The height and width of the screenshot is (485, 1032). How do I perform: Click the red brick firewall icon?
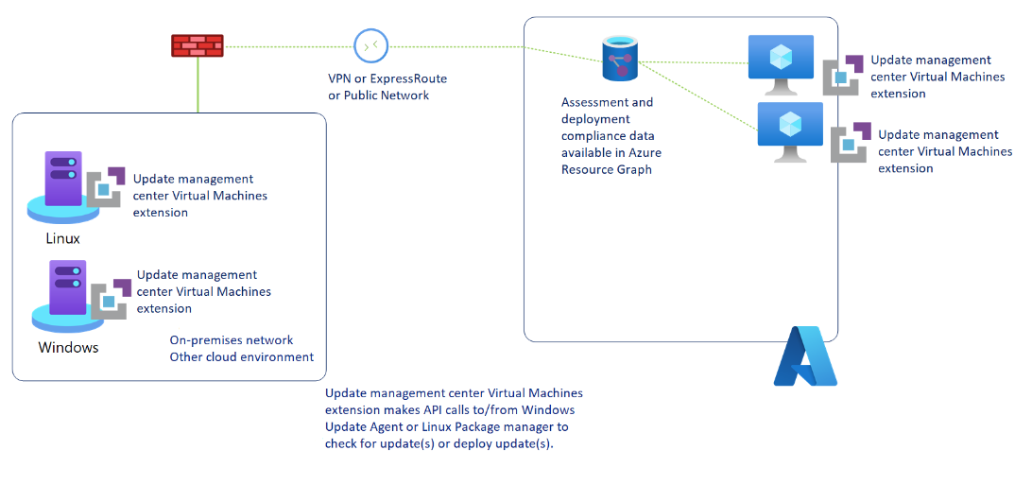(x=198, y=45)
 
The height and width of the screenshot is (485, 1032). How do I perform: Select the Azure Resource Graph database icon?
(x=619, y=59)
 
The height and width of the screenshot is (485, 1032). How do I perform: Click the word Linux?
(x=62, y=238)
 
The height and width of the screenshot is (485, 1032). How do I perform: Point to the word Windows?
(x=68, y=347)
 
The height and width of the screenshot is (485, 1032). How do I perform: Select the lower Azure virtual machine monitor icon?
(x=790, y=131)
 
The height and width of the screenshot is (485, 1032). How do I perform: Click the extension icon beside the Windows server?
(x=111, y=298)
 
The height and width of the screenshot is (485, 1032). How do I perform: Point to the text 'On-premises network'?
(x=232, y=340)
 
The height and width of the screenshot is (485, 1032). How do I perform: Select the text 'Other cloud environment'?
(x=241, y=357)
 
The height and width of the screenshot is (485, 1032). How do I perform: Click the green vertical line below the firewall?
(x=198, y=85)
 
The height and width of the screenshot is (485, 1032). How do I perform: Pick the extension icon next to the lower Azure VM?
(x=851, y=143)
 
